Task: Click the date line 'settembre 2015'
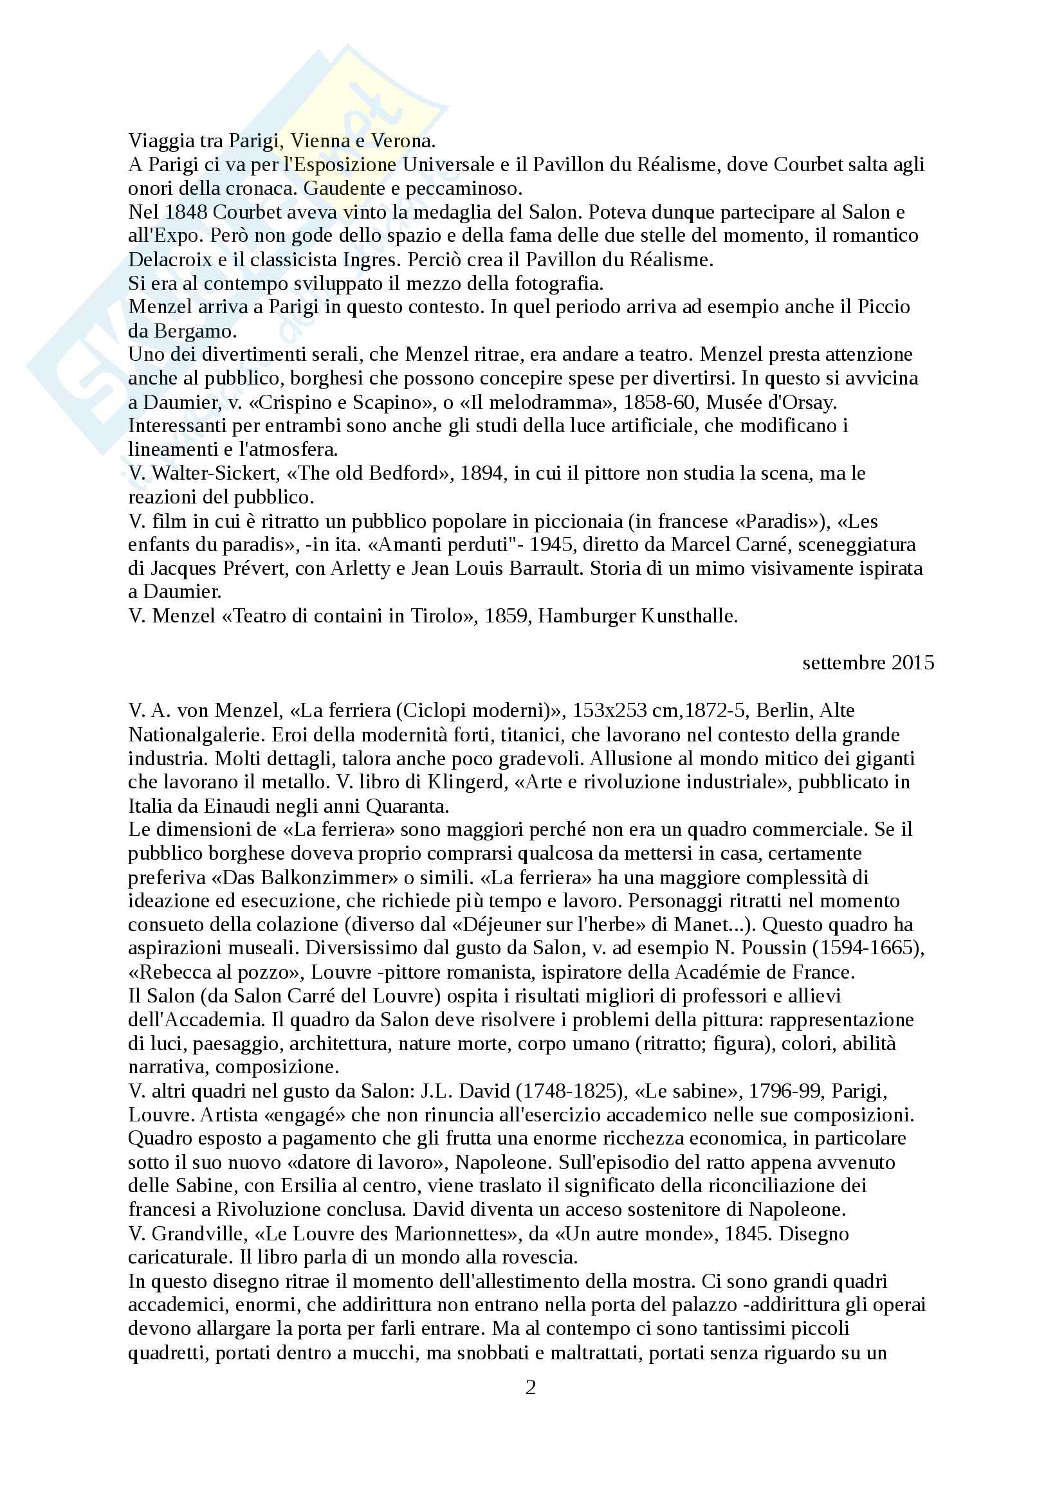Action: [x=868, y=663]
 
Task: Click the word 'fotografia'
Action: [x=558, y=284]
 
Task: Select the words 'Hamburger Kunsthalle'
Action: [x=637, y=616]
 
